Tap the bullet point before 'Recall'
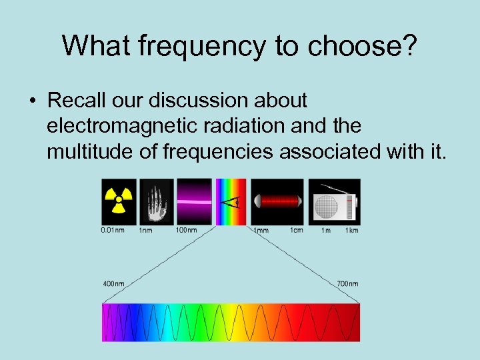pyautogui.click(x=32, y=101)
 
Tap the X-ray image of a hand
pyautogui.click(x=155, y=201)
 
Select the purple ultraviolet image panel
pyautogui.click(x=194, y=201)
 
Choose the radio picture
pyautogui.click(x=336, y=201)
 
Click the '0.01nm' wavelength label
pyautogui.click(x=111, y=231)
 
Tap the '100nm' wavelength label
pyautogui.click(x=186, y=231)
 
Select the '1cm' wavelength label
pyautogui.click(x=296, y=231)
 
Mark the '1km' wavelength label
pyautogui.click(x=351, y=231)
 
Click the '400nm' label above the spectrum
pyautogui.click(x=113, y=283)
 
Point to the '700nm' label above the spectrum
pyautogui.click(x=347, y=283)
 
